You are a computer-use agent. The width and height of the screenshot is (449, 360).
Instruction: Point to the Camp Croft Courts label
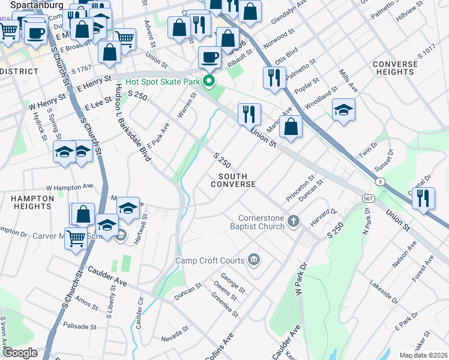[x=209, y=260]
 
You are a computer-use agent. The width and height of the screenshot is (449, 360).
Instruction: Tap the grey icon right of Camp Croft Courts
[x=253, y=260]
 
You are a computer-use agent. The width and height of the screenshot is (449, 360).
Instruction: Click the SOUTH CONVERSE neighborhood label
[x=233, y=179]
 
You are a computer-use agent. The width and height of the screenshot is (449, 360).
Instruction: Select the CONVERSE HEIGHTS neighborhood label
[x=395, y=68]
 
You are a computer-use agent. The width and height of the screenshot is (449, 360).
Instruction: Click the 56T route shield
[x=369, y=197]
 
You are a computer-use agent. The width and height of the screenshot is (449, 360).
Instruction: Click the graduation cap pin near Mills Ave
[x=344, y=110]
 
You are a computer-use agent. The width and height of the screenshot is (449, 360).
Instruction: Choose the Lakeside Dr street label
[x=383, y=291]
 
